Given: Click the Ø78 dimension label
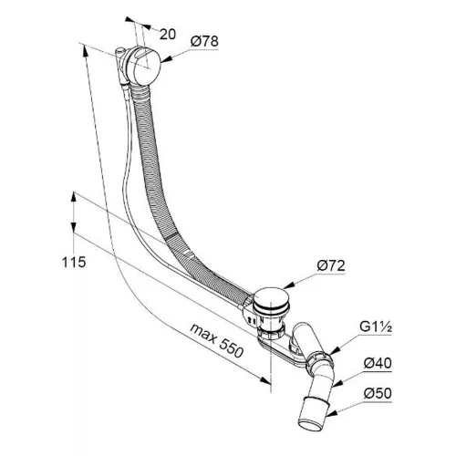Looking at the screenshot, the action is point(204,41).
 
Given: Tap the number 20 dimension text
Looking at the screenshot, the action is point(168,35).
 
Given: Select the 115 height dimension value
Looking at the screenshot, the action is point(74,262).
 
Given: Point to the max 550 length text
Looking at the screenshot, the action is point(217,340).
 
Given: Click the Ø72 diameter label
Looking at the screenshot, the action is point(331,265).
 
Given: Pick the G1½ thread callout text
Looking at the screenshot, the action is point(376,327).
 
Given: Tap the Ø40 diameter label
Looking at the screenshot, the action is point(378,363).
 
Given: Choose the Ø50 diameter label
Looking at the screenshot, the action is point(378,393).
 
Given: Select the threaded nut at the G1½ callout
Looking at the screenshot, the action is point(319,360).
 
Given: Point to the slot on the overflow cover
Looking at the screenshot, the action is point(140,55).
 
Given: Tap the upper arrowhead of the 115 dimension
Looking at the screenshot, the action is point(73,197).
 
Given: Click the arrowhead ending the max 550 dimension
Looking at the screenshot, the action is point(265,379).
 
